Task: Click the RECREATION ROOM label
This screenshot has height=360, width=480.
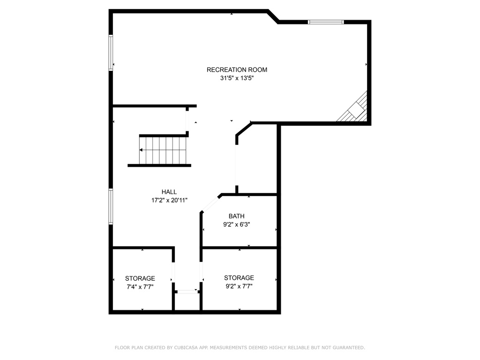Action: coord(237,70)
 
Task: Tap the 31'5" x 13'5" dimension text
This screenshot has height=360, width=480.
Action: coord(237,78)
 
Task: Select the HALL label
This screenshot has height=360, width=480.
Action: coord(169,192)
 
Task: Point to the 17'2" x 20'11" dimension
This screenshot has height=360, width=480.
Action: coord(169,201)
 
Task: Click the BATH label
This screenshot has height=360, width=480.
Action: coord(236,216)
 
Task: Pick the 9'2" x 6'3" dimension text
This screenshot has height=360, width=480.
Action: coord(236,225)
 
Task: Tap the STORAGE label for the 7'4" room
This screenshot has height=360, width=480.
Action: coord(140,278)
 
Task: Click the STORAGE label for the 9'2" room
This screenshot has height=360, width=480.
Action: coord(239,278)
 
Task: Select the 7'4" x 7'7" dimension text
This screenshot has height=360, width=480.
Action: coord(140,287)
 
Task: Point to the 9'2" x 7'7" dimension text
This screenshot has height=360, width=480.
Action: coord(239,286)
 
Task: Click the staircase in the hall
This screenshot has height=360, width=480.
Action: coord(163,150)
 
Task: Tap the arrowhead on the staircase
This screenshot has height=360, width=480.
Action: coord(141,150)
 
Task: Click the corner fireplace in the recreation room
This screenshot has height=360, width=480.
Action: coord(353,109)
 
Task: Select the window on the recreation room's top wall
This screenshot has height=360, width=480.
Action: coord(326,22)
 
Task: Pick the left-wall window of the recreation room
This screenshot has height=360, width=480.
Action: coord(111,52)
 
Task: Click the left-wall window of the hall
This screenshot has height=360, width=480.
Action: coord(111,207)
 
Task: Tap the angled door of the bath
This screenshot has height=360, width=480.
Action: coord(210,203)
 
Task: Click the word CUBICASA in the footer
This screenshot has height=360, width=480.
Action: coord(186,348)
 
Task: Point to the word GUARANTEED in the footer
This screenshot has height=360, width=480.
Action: coord(349,348)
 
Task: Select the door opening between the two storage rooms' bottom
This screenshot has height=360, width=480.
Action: coord(187,292)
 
